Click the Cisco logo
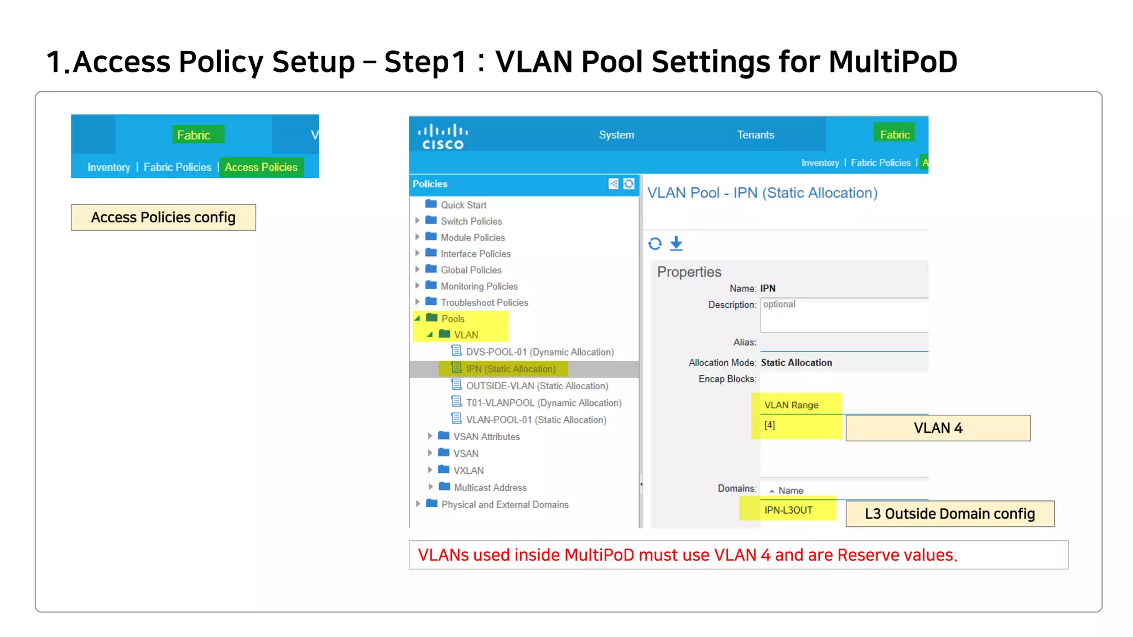[443, 136]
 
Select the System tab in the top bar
[616, 135]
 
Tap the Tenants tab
[755, 135]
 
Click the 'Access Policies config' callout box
[163, 217]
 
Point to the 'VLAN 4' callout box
[938, 428]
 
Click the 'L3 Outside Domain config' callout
[949, 514]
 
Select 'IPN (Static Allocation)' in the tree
[510, 369]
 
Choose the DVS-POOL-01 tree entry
[539, 352]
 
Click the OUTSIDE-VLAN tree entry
[537, 386]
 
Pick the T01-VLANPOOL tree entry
[543, 403]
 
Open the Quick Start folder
[463, 205]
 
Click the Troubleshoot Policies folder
[484, 302]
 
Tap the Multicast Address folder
[490, 488]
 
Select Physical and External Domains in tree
[505, 505]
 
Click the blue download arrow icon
[676, 243]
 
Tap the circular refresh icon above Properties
[655, 243]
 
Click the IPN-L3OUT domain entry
[788, 510]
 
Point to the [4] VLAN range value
[770, 425]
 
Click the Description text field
[844, 315]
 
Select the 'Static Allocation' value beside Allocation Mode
[796, 363]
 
